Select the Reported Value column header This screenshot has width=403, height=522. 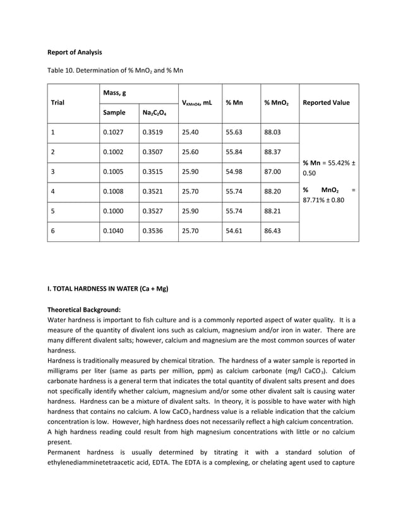pos(326,102)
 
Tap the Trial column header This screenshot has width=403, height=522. pos(58,102)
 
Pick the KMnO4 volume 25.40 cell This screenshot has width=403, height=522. pos(190,133)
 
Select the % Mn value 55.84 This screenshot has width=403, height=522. pos(234,153)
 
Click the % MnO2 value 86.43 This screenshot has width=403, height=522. pos(272,232)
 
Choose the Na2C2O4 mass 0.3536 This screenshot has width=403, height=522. pos(153,232)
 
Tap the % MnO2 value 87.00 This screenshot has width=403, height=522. pos(272,173)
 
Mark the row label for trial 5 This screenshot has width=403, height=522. pos(53,212)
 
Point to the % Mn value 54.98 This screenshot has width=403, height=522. pos(234,173)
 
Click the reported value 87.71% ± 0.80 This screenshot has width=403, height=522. pos(323,200)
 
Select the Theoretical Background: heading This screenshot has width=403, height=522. pos(84,310)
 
